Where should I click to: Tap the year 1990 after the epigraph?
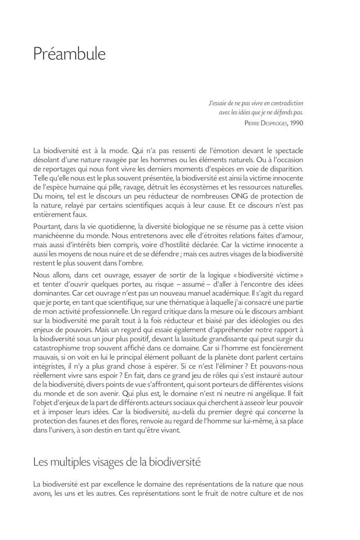tap(294, 122)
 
